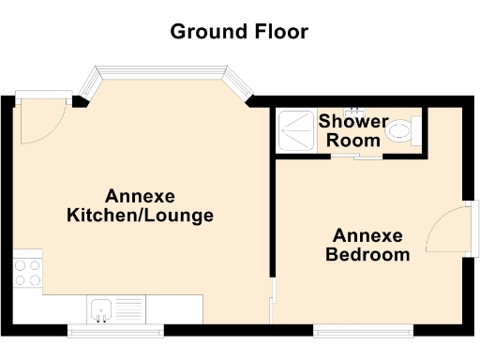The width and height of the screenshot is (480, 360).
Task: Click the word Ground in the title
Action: tap(208, 32)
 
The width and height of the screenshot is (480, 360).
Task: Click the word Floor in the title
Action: tap(279, 32)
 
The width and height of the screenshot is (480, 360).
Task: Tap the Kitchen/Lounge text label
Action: tap(141, 216)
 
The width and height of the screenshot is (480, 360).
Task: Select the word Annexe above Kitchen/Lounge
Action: tap(141, 196)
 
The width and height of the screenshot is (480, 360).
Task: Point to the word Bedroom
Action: tap(367, 254)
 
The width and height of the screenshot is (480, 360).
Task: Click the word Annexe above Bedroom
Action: tap(367, 235)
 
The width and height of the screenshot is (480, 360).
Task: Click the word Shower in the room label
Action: tap(352, 122)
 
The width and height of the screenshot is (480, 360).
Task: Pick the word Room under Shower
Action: tap(359, 141)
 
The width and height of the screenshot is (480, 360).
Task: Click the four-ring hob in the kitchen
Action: tap(27, 272)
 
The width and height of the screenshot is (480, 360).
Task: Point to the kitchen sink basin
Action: tap(102, 307)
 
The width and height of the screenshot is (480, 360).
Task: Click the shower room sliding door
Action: tap(355, 157)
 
